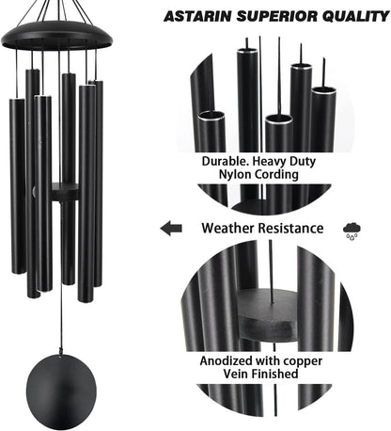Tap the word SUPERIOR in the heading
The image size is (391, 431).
click(271, 17)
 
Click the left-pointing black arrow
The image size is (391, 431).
click(171, 228)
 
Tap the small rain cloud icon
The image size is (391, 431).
click(353, 229)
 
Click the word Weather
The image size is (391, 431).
click(230, 228)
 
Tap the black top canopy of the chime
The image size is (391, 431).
click(56, 36)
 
